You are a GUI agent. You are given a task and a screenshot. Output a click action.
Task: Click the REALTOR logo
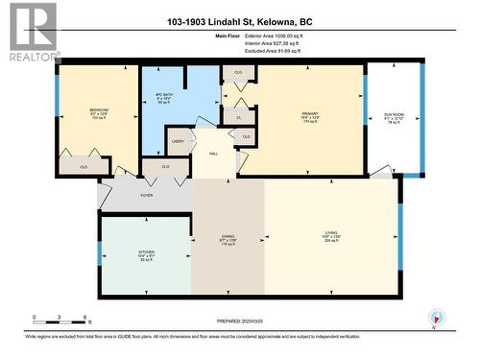coord(31,32)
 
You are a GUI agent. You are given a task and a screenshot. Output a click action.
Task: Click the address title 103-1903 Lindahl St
coord(240,21)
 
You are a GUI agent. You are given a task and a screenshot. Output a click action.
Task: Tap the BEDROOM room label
coord(98,112)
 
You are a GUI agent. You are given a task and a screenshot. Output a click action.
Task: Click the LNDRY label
coord(178,141)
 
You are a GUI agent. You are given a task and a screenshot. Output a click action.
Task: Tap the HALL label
coord(214,151)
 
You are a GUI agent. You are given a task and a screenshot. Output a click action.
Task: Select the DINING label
coord(228,241)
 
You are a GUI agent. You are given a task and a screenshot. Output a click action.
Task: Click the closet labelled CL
coord(238,116)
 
